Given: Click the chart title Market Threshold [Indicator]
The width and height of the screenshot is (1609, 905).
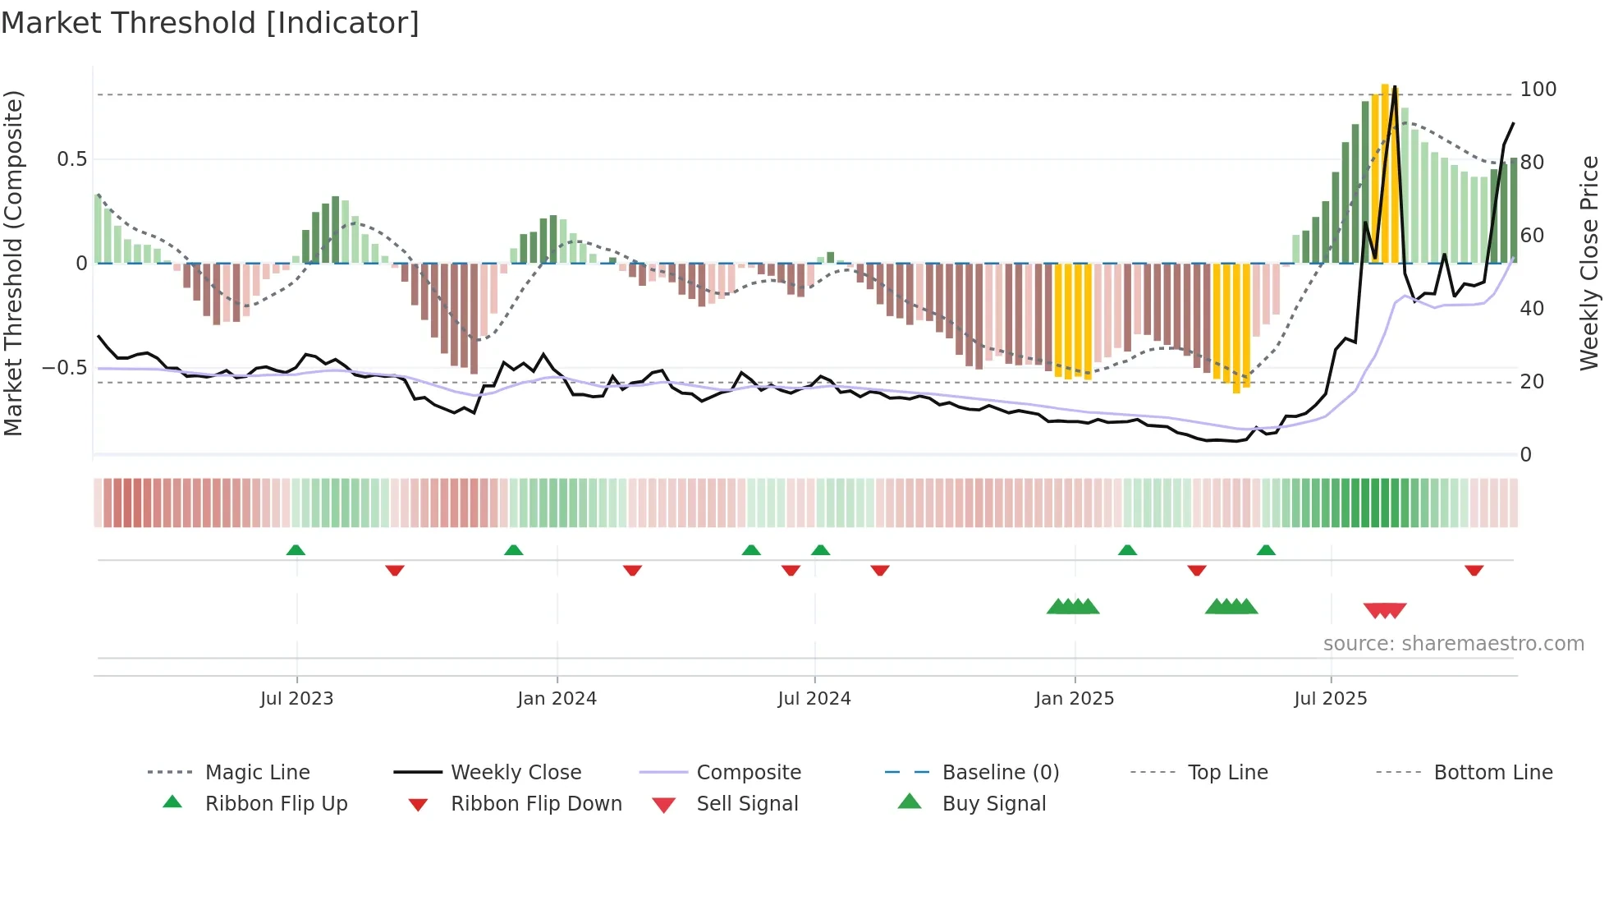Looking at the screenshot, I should coord(210,23).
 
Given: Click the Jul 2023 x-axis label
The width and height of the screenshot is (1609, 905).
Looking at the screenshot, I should coord(296,699).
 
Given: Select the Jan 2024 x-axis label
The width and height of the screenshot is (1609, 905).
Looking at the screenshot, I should coord(557,699).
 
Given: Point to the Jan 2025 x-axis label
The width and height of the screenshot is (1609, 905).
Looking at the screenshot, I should coord(1074,699).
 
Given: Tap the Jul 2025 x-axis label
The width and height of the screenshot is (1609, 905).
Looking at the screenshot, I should coord(1330,699).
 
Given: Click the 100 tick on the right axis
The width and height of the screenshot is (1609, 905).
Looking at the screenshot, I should coord(1538,90).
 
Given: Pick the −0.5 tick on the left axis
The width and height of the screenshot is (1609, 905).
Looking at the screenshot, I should coord(64,368).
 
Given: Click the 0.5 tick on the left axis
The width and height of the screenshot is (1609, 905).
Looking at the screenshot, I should coord(71,159).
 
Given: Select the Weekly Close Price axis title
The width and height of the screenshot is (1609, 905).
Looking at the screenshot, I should coord(1589,263).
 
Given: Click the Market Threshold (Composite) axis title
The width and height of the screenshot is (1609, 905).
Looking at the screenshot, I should coord(14,263).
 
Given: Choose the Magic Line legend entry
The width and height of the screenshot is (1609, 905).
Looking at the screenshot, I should coord(257,773).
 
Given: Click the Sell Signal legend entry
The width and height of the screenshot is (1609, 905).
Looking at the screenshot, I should coord(746,804).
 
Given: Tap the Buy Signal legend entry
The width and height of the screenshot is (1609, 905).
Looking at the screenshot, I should coord(993,804).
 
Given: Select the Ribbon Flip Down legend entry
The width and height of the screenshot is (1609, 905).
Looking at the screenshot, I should coord(535,804).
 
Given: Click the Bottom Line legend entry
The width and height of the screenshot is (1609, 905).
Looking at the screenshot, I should coord(1492,773).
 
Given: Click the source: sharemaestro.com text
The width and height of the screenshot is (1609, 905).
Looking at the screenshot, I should coord(1453,644).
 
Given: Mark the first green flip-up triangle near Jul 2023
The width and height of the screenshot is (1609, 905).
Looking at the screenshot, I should coord(296,550).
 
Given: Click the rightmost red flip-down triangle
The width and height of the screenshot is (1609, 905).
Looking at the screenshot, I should coord(1474,570).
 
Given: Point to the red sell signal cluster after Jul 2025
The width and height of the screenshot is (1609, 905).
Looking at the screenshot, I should coord(1385,610).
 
